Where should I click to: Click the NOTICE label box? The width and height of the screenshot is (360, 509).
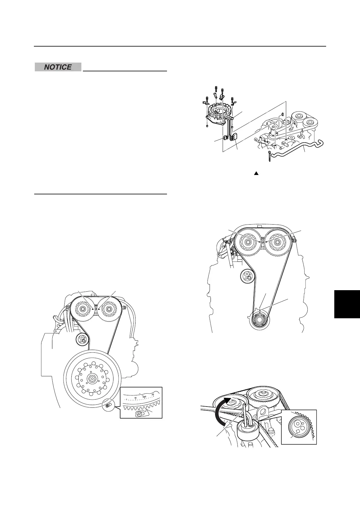(x=58, y=67)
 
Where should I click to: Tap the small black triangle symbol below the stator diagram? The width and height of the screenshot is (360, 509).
(x=256, y=173)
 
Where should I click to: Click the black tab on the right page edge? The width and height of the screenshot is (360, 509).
(x=347, y=304)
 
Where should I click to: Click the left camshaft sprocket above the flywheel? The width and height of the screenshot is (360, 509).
(x=82, y=309)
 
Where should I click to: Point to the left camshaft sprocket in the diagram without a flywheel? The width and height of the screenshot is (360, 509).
(x=247, y=242)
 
